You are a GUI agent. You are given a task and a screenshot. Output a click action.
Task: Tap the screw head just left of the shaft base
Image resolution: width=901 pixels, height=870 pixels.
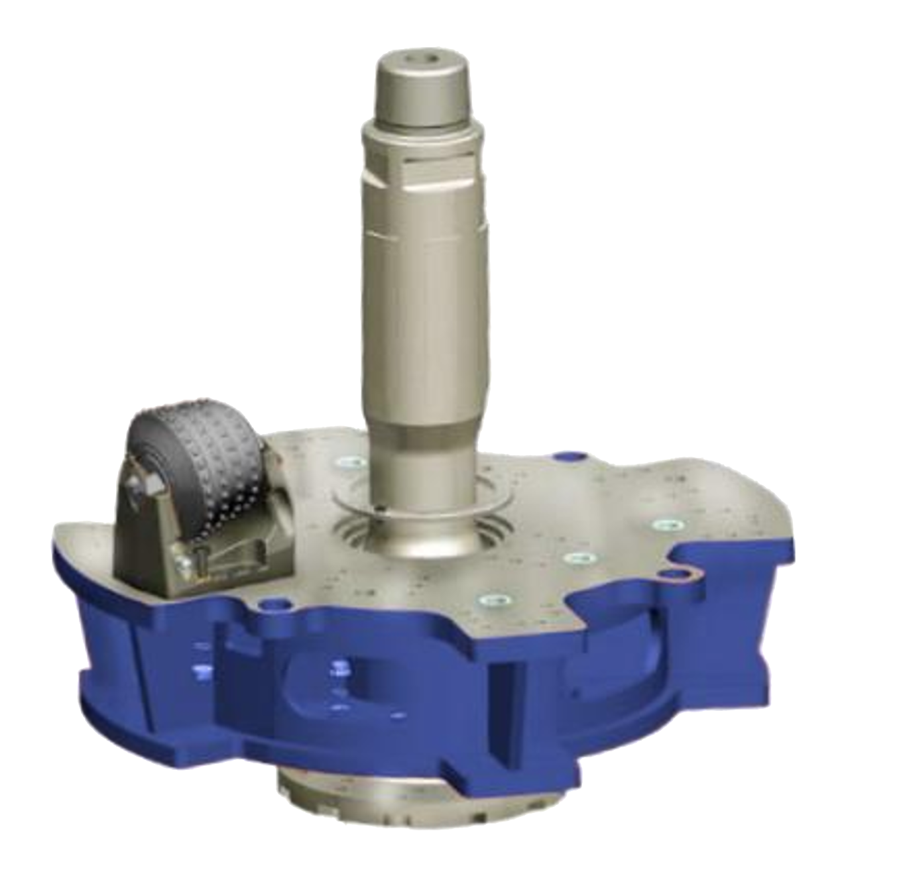coord(347,463)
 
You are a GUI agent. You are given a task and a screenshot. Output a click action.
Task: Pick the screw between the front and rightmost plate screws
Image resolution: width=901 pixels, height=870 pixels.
coord(577,558)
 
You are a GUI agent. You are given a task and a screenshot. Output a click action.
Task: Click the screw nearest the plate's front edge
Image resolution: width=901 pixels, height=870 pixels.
coord(493,600)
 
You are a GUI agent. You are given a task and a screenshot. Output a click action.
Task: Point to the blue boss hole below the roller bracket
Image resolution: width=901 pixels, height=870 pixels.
coord(272,604)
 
